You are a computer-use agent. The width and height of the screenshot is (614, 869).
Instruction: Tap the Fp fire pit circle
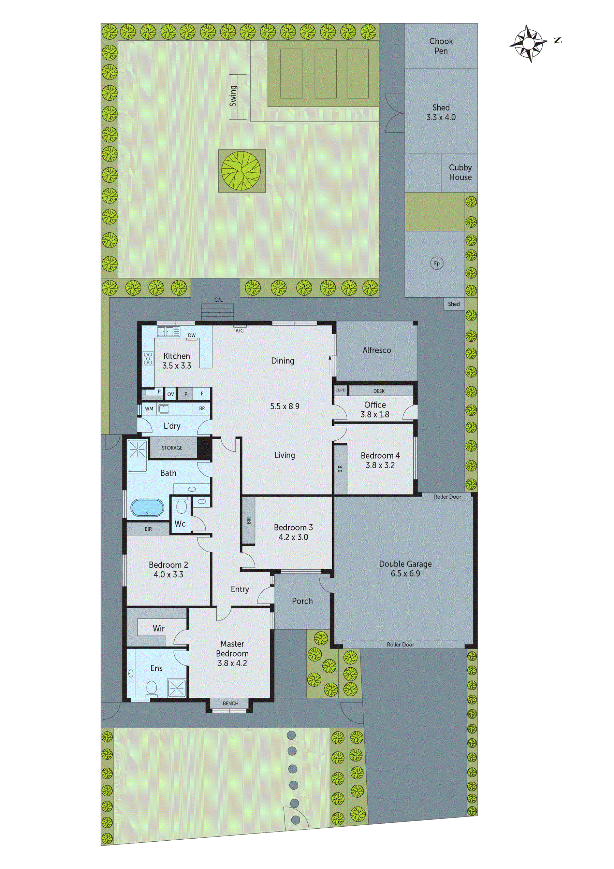click(437, 263)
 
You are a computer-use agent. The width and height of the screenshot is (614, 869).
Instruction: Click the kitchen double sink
click(169, 331)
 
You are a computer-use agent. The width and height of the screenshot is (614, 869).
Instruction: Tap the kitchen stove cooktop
click(148, 358)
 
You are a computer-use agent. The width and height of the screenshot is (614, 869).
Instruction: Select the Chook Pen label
click(441, 46)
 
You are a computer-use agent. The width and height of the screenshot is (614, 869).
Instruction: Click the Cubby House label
click(460, 172)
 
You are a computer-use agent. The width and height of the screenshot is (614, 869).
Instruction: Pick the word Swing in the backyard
click(233, 96)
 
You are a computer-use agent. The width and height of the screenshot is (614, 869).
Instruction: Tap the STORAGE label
click(172, 448)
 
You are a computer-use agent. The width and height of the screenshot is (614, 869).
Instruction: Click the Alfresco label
click(377, 350)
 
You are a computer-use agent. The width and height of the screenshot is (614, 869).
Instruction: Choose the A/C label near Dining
click(239, 330)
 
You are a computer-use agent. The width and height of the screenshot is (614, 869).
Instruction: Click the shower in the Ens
click(177, 687)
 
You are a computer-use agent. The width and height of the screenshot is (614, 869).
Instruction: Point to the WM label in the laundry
click(149, 409)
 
